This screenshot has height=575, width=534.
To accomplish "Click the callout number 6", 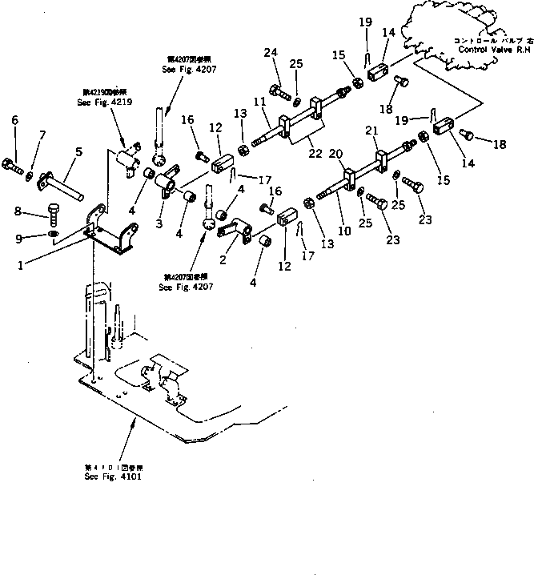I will click(14, 120).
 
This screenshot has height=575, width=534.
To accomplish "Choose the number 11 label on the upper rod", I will click(259, 103).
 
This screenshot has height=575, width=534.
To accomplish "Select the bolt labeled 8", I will click(52, 213).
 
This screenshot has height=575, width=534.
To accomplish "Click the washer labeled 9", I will click(51, 235).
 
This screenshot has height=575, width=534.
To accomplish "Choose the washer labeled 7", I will click(30, 174).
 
